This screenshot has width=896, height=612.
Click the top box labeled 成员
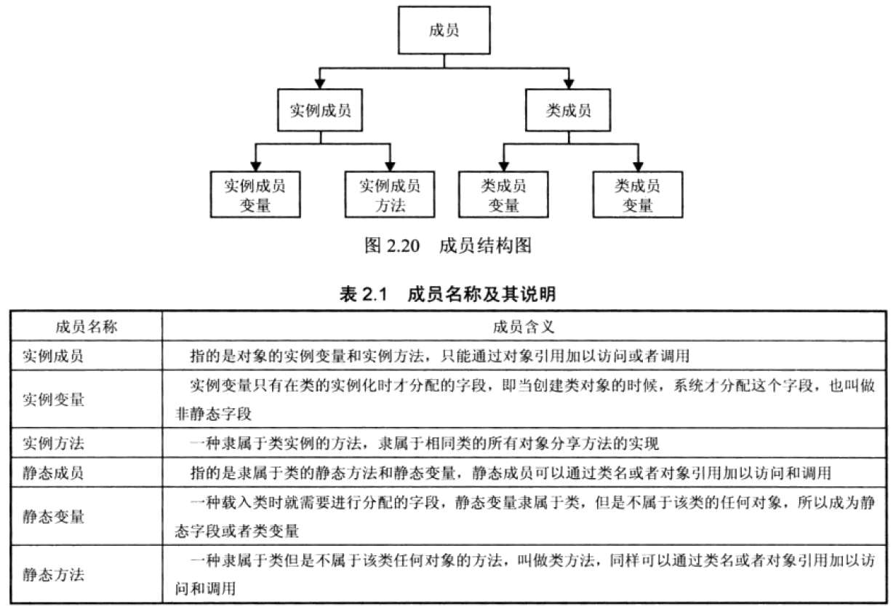[x=444, y=32]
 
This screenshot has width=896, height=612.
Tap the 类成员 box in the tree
[x=568, y=111]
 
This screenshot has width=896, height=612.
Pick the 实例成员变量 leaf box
[x=254, y=194]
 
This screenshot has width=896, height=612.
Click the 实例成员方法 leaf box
[x=390, y=194]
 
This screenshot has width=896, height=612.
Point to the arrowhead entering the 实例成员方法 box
[x=390, y=165]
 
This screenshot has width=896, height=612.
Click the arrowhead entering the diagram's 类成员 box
[x=568, y=82]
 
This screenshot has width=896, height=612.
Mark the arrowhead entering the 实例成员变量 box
[x=254, y=165]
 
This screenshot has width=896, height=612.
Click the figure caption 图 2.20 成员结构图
[x=447, y=246]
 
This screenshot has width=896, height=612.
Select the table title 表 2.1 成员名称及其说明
[x=447, y=295]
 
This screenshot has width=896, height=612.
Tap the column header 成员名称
[x=86, y=327]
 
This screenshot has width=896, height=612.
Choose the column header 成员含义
[x=524, y=327]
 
